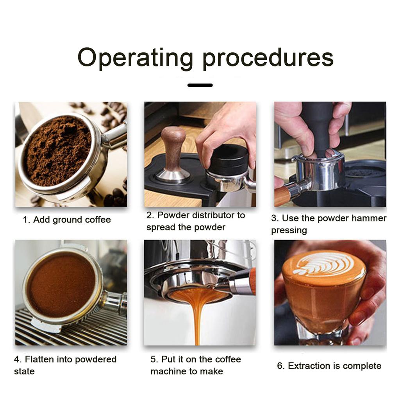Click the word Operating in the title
135,58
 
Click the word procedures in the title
268,58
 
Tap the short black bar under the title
200,85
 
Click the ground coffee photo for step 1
71,154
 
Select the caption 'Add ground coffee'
72,220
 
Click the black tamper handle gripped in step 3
319,128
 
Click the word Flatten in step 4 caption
39,359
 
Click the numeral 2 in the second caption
149,215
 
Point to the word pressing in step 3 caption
289,230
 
